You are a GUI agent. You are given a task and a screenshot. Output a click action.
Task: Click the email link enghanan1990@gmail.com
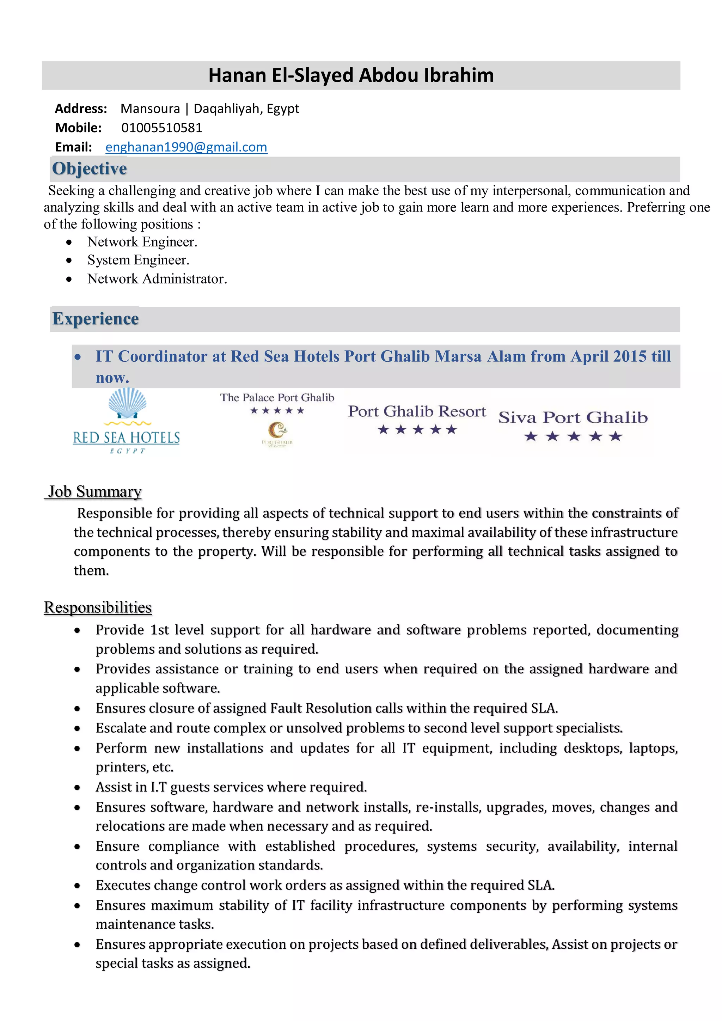(186, 147)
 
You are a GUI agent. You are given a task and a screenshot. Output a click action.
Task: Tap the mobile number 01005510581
(162, 128)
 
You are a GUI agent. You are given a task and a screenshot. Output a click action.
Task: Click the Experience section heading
(96, 319)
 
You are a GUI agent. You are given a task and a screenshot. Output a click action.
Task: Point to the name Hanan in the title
(237, 75)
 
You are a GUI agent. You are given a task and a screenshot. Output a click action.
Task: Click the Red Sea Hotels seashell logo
(128, 403)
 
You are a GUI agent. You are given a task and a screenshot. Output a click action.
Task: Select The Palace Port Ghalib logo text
(277, 398)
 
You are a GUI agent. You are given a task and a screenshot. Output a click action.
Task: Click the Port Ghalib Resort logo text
(417, 411)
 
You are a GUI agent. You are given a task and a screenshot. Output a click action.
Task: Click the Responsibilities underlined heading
(98, 607)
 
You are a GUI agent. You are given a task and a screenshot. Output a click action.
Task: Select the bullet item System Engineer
(138, 260)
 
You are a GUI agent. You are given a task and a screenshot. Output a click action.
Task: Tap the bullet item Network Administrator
(157, 279)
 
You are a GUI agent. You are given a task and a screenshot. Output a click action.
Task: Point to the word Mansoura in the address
(150, 109)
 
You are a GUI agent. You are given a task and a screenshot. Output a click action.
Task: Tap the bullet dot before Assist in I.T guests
(77, 787)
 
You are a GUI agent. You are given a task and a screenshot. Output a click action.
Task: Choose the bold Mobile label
(78, 128)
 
